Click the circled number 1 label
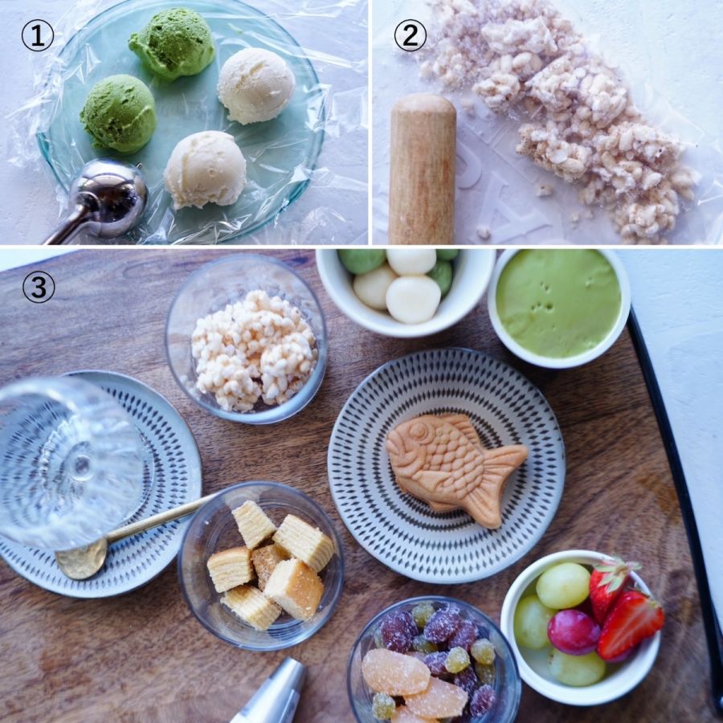click(x=38, y=36)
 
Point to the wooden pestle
click(x=422, y=169)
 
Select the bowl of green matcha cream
click(x=559, y=306)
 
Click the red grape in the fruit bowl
click(x=574, y=631)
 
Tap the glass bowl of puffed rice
click(x=247, y=338)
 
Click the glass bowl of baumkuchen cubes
click(x=261, y=566)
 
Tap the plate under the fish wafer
click(x=447, y=466)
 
